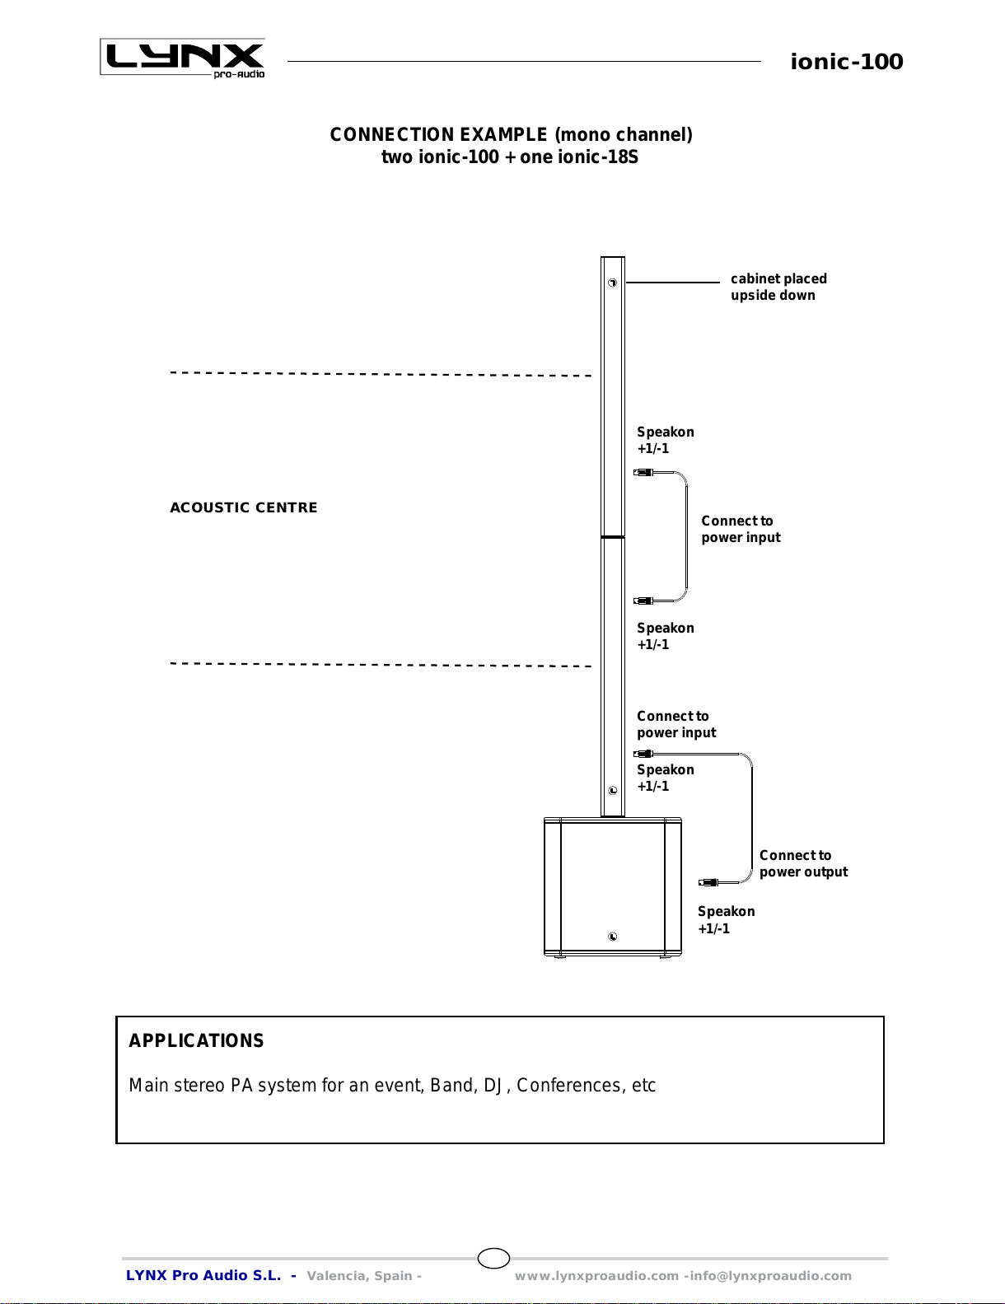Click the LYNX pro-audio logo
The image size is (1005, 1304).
click(x=183, y=58)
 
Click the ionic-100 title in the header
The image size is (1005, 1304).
click(x=846, y=62)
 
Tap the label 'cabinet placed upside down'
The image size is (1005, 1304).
click(x=778, y=287)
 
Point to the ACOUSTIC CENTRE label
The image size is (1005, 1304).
click(x=243, y=507)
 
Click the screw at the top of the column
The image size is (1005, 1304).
click(x=612, y=283)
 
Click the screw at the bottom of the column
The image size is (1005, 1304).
click(x=612, y=790)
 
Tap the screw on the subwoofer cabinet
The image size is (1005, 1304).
click(x=612, y=937)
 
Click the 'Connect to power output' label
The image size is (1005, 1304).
click(x=802, y=863)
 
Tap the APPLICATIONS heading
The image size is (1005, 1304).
click(x=196, y=1040)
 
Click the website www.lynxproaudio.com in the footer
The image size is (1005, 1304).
click(x=596, y=1275)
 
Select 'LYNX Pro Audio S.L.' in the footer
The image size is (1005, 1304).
click(x=203, y=1275)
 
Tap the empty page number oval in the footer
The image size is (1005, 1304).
click(x=493, y=1258)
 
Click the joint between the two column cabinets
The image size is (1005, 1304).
click(x=612, y=537)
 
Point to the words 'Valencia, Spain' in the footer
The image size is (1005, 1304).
click(x=359, y=1275)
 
